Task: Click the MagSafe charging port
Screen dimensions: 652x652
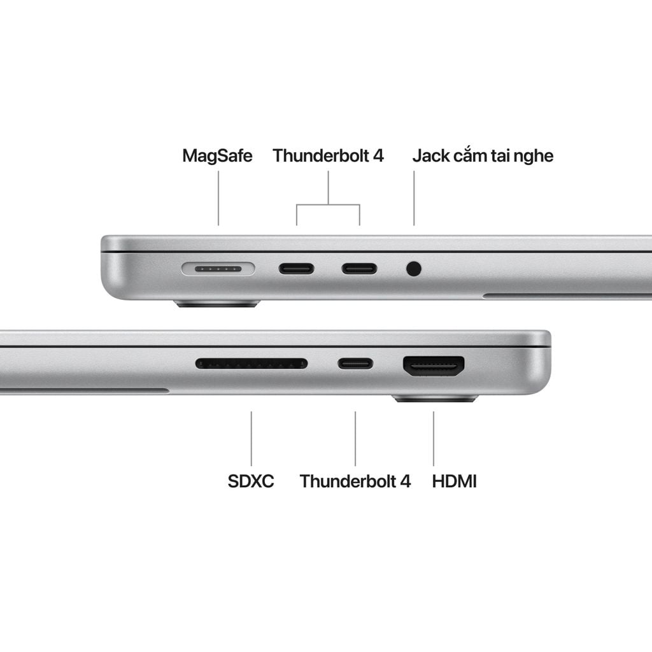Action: click(218, 269)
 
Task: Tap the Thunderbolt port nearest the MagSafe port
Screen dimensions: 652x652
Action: click(296, 268)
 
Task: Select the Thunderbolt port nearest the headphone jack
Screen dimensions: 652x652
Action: click(359, 268)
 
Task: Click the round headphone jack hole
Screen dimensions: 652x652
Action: click(414, 269)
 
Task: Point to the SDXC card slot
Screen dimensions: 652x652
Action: click(251, 364)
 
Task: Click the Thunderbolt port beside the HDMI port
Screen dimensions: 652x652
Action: click(355, 364)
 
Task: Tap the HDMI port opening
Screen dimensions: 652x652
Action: click(434, 365)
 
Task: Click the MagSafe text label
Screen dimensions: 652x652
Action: click(217, 155)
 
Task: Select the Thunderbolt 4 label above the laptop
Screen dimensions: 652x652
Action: click(328, 155)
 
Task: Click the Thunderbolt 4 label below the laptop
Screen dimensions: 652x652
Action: click(355, 481)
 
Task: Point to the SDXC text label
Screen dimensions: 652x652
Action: click(251, 481)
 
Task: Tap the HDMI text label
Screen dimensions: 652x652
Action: click(454, 481)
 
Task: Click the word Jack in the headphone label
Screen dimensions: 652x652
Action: click(431, 155)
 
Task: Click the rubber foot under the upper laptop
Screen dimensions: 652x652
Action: click(217, 304)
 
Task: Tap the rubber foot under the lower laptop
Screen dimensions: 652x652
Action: click(435, 399)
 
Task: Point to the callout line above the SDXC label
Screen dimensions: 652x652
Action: click(251, 438)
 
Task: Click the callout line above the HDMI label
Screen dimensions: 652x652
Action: click(434, 438)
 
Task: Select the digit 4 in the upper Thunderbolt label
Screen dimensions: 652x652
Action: click(378, 155)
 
